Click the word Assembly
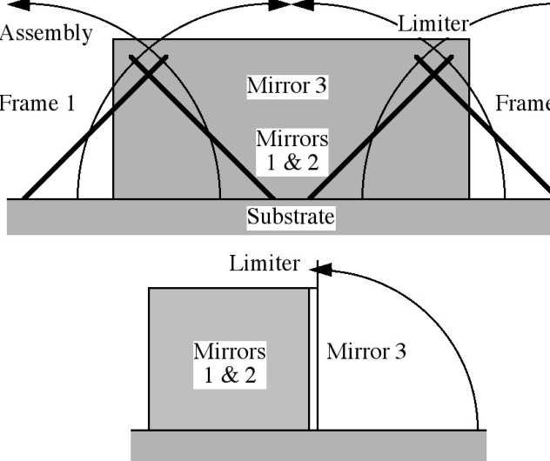click(45, 34)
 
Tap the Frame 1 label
click(37, 104)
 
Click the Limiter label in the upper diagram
click(433, 24)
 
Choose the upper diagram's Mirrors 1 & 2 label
click(292, 150)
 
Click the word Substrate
click(291, 217)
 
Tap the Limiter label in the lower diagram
click(265, 263)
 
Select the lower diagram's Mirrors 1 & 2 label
click(229, 363)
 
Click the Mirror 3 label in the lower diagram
click(366, 351)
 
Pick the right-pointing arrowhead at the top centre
click(279, 4)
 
